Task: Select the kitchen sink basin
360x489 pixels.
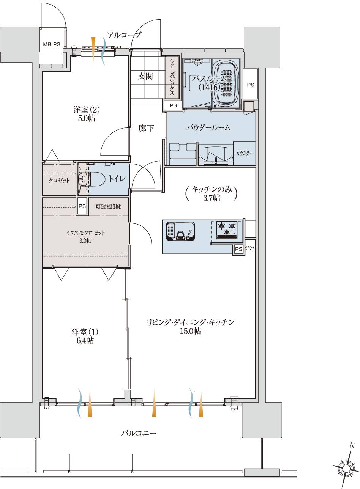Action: click(x=180, y=231)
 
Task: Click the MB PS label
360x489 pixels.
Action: click(x=52, y=44)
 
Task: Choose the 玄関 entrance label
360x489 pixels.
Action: click(x=145, y=76)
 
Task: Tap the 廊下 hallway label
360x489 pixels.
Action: click(x=146, y=128)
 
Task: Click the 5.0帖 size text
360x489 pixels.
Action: click(x=86, y=118)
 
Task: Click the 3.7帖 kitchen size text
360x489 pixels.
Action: click(x=212, y=198)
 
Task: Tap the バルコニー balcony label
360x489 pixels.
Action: click(x=139, y=433)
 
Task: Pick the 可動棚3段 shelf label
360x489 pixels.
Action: click(x=108, y=206)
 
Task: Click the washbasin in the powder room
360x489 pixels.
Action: click(x=216, y=156)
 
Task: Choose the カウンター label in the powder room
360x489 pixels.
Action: click(x=245, y=153)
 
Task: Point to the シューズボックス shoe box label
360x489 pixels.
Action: click(x=172, y=77)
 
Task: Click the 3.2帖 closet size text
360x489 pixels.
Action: click(x=85, y=241)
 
